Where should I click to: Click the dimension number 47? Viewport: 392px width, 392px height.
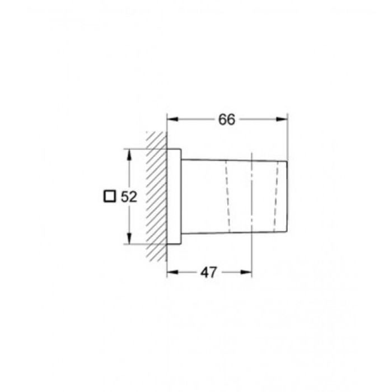[x=209, y=273]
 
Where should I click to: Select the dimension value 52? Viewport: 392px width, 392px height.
[x=129, y=197]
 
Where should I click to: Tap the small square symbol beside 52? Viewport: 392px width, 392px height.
[x=110, y=197]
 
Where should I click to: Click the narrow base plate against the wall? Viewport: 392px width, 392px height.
[x=174, y=197]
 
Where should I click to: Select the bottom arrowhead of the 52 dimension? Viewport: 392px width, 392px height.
[x=129, y=241]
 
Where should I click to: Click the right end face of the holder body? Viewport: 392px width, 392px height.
[x=288, y=196]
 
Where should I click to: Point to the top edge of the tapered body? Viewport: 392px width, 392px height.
[x=235, y=161]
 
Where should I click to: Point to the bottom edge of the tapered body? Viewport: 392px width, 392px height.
[x=235, y=232]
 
